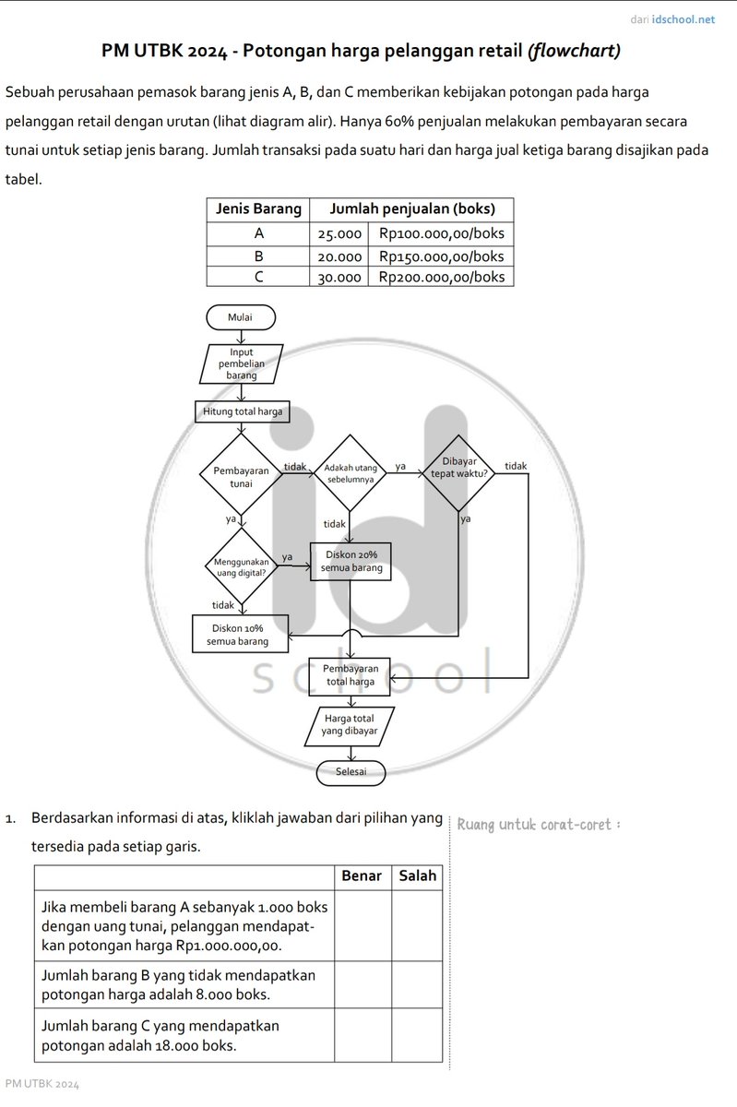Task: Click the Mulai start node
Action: coord(241,317)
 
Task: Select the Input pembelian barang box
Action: coord(241,363)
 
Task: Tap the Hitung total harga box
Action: coord(243,411)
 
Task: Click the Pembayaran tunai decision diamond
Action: coord(241,476)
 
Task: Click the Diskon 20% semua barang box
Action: coord(351,562)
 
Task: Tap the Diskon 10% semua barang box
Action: coord(238,635)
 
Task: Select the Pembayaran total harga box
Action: coord(351,675)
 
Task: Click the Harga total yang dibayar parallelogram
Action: coord(350,725)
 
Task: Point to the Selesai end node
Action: coord(351,771)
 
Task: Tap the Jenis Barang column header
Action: coord(258,209)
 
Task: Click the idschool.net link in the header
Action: coord(683,18)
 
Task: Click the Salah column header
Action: coord(417,876)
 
